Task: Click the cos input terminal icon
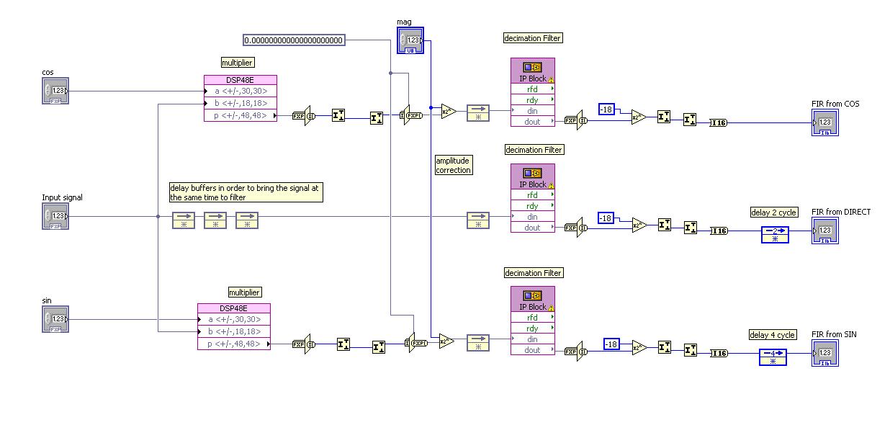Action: [55, 91]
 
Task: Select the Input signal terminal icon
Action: [55, 216]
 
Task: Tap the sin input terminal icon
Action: [55, 319]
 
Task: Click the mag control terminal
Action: [410, 40]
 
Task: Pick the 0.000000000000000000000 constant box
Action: [294, 40]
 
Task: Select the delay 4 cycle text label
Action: [773, 335]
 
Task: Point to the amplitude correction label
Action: [454, 165]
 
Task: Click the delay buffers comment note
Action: [245, 192]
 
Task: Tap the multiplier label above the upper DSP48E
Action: [238, 63]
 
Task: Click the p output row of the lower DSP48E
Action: [234, 344]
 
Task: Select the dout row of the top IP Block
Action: [533, 122]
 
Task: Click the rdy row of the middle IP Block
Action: [533, 206]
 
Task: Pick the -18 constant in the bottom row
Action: [611, 344]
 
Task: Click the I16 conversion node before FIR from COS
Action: [718, 123]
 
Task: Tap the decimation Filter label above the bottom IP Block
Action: [533, 273]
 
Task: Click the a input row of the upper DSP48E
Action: [241, 91]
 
